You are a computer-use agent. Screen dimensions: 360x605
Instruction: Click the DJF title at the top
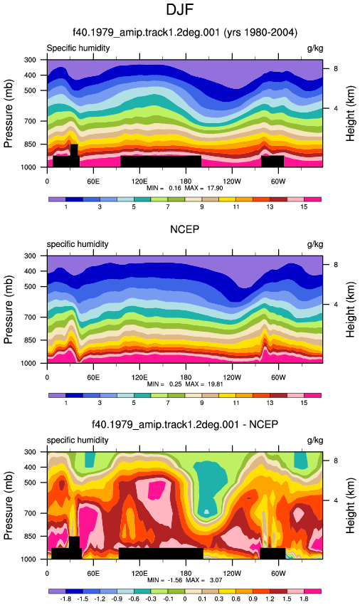tap(179, 9)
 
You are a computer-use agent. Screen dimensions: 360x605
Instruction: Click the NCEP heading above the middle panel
tap(185, 230)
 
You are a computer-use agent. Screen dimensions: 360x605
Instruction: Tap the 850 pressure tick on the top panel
tap(31, 144)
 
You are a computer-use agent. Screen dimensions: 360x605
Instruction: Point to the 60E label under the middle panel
tap(93, 377)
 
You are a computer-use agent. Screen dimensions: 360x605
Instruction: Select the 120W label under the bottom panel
tap(232, 574)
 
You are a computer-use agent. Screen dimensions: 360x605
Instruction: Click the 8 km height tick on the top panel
tap(336, 68)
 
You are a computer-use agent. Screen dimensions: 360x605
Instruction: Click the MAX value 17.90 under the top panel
tap(215, 189)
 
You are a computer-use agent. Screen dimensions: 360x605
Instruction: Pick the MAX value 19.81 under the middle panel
tap(216, 384)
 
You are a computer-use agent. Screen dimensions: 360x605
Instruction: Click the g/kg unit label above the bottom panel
tap(315, 441)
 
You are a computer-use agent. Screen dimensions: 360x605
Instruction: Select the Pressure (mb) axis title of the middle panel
tap(9, 310)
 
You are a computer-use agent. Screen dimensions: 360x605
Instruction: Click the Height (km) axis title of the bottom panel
tap(350, 505)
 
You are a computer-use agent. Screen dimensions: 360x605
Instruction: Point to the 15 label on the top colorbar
tap(304, 207)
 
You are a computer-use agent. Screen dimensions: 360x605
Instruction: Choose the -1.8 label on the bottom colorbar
tap(65, 599)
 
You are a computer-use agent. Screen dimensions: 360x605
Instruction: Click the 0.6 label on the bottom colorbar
tap(235, 599)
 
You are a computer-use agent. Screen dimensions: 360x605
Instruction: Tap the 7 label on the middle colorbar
tap(168, 403)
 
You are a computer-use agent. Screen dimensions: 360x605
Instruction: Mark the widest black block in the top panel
tap(161, 162)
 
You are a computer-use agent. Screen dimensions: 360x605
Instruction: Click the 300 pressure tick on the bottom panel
tap(31, 452)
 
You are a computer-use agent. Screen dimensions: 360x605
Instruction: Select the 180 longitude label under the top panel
tap(186, 181)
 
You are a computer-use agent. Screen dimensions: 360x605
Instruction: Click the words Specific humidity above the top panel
tap(78, 48)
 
